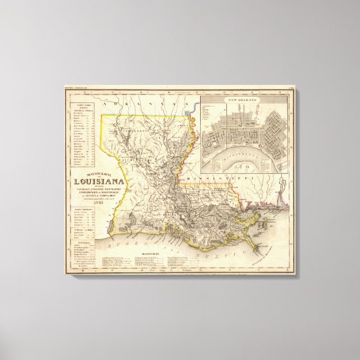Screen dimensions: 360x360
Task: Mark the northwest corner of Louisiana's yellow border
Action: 101,116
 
